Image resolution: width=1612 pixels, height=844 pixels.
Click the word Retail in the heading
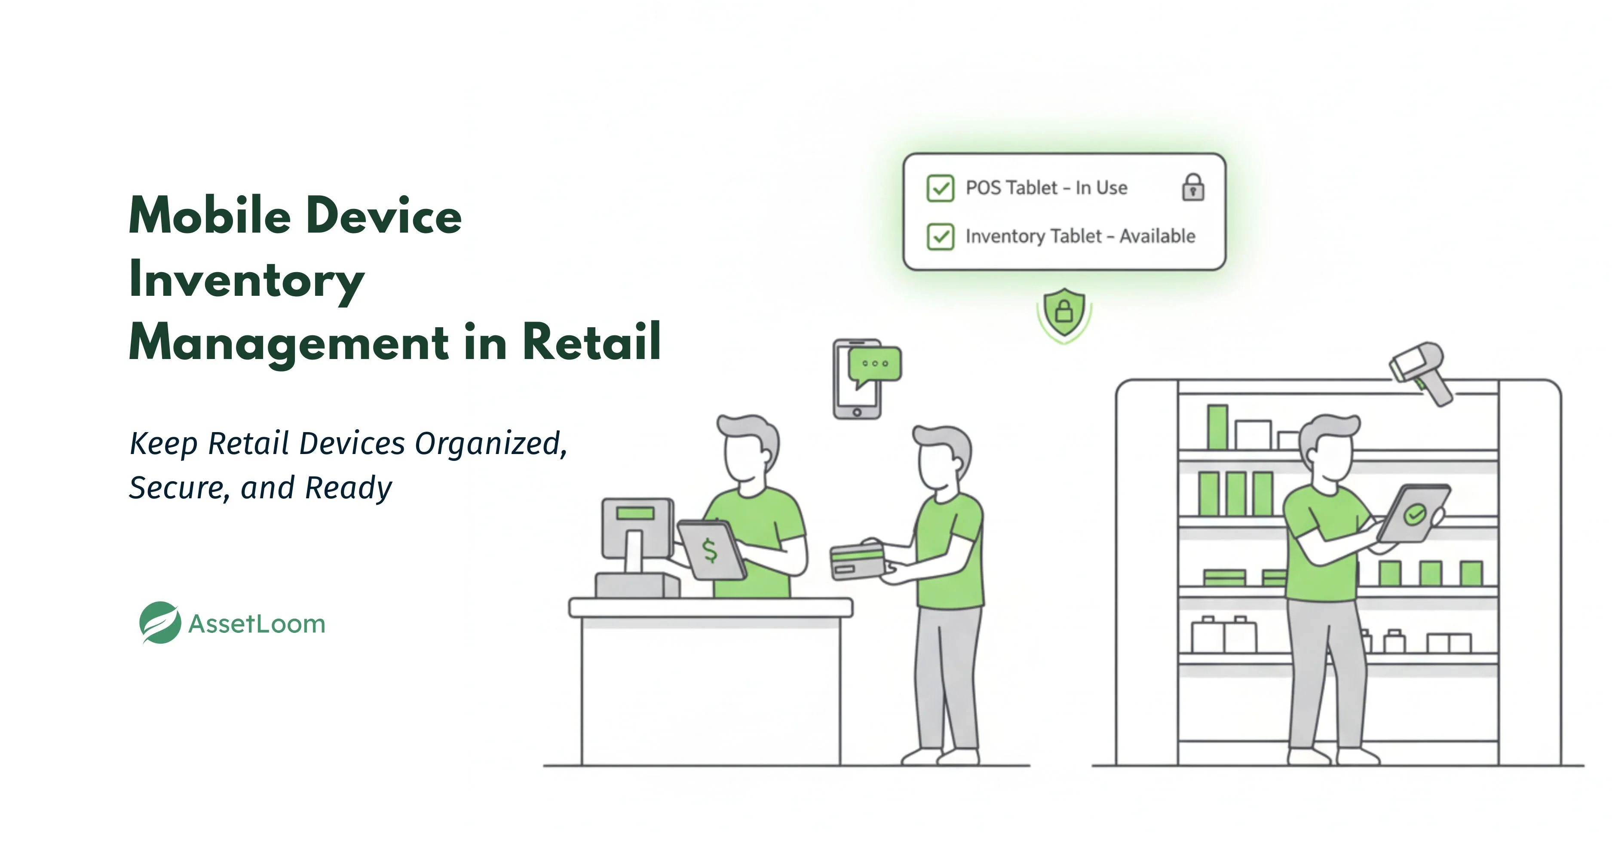[591, 342]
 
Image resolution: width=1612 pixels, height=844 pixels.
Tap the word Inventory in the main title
[247, 280]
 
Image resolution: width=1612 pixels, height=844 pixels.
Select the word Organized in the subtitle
[490, 443]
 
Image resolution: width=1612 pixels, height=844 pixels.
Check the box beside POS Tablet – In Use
[940, 188]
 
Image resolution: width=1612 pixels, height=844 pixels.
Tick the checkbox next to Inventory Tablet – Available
[940, 236]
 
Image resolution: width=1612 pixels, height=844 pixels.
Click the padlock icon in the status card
[1193, 187]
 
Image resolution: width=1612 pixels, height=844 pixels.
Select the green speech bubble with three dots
[874, 365]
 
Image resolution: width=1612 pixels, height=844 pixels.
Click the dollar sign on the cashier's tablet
[710, 550]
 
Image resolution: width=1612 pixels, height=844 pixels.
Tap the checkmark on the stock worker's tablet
[1415, 514]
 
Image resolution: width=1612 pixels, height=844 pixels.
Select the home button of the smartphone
[857, 412]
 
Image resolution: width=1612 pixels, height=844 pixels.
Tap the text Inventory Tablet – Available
[1080, 236]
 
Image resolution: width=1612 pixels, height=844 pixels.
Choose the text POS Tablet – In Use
[1046, 188]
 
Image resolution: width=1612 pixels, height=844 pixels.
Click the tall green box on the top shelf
[1217, 427]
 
